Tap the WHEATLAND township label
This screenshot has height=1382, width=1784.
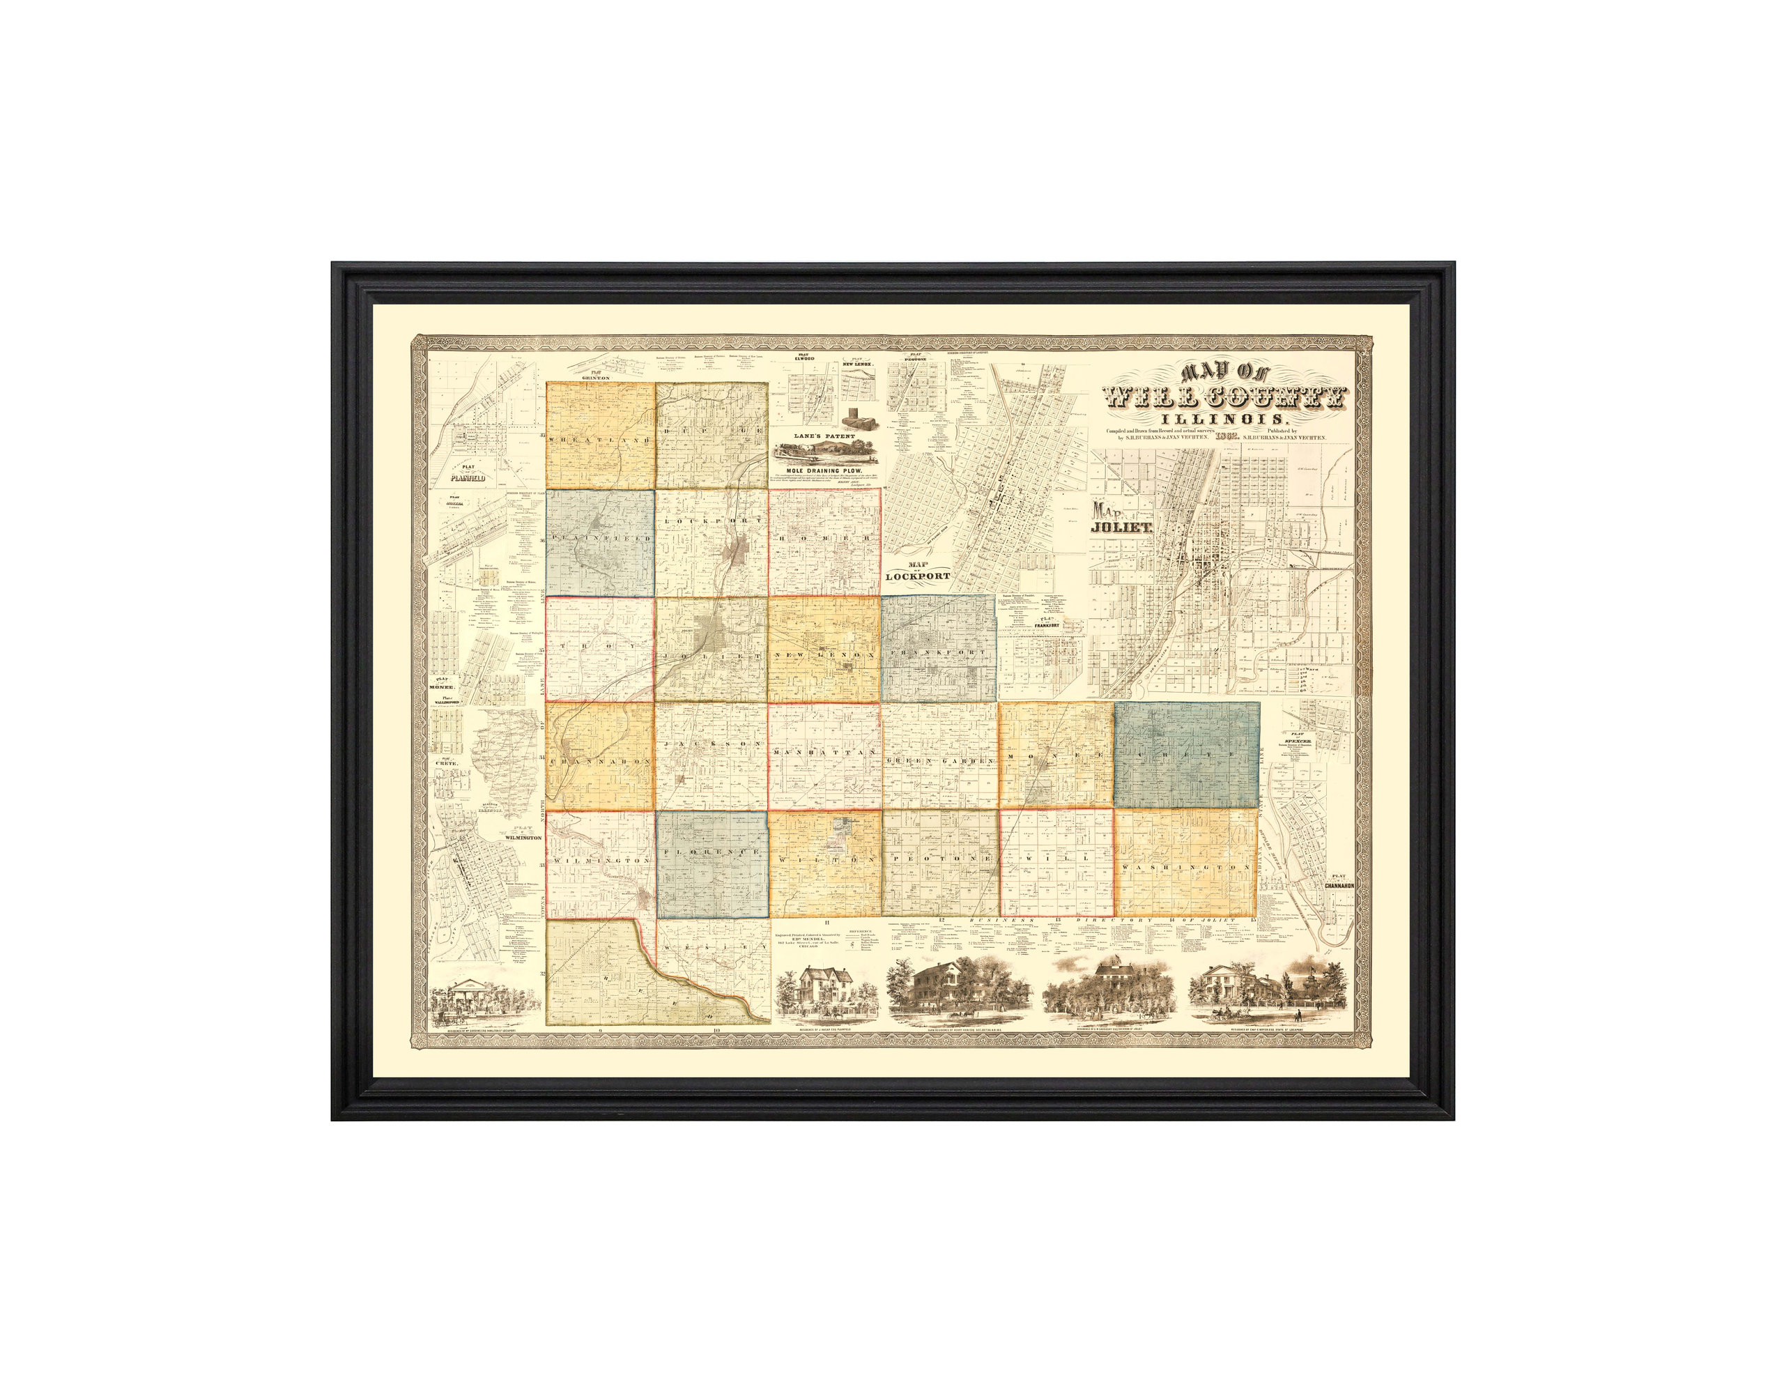coord(601,440)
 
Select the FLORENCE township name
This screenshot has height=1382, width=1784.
coord(713,851)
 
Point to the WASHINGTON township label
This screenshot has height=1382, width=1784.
coord(1186,866)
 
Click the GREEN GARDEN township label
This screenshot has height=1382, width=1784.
coord(939,760)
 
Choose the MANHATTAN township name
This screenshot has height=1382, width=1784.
coord(824,751)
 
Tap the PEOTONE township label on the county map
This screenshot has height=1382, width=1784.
coord(939,860)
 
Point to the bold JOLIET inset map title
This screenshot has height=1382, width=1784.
coord(1123,528)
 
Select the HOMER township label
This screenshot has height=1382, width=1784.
coord(824,540)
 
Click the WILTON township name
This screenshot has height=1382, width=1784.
coord(824,860)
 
